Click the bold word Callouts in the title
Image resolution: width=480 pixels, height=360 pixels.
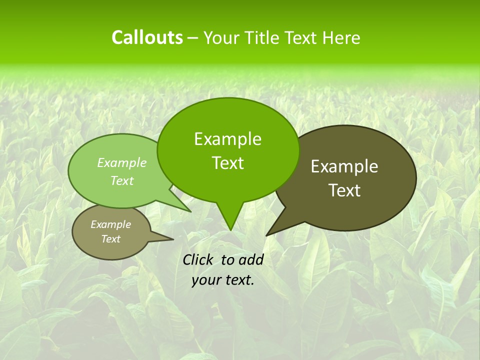click(x=147, y=37)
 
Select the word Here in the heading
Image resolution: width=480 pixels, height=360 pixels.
click(x=341, y=38)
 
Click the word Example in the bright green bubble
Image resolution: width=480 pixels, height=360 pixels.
click(x=227, y=139)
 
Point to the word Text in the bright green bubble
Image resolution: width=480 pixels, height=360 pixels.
click(x=227, y=163)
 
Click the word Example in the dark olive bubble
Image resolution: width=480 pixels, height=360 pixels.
click(x=344, y=167)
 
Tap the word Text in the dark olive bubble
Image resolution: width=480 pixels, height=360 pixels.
click(x=344, y=190)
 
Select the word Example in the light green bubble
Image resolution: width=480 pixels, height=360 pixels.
click(x=122, y=163)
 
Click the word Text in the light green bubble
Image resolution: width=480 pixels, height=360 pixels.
click(x=122, y=181)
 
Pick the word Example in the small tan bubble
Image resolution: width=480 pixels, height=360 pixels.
click(x=111, y=225)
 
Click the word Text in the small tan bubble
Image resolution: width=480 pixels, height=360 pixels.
click(x=111, y=239)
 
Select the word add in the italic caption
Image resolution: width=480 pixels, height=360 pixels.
click(x=251, y=259)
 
